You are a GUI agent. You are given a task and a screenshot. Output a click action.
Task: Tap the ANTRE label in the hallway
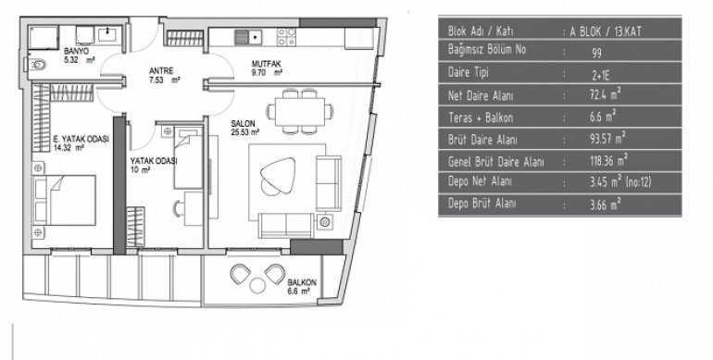click(161, 71)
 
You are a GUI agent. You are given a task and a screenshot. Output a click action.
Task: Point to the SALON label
click(243, 123)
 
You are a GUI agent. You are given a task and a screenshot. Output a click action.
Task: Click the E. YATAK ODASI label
click(81, 139)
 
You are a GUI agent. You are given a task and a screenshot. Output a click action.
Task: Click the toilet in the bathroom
click(37, 65)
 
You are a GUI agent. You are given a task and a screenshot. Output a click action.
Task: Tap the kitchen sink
click(248, 37)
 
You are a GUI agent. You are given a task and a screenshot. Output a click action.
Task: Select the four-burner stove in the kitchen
click(286, 37)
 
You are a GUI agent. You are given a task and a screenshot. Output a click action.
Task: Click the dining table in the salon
click(300, 111)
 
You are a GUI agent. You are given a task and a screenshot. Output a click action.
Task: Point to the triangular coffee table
click(277, 174)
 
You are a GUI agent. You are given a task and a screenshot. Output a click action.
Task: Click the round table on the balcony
click(257, 285)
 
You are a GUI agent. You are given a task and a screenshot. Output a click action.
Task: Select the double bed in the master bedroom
click(65, 200)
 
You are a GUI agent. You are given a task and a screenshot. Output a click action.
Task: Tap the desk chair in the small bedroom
click(179, 208)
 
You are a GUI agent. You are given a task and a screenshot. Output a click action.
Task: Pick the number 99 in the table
click(596, 53)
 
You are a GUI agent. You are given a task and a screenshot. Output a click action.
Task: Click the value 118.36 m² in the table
click(608, 161)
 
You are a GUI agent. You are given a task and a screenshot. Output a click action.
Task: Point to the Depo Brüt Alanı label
click(482, 204)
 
